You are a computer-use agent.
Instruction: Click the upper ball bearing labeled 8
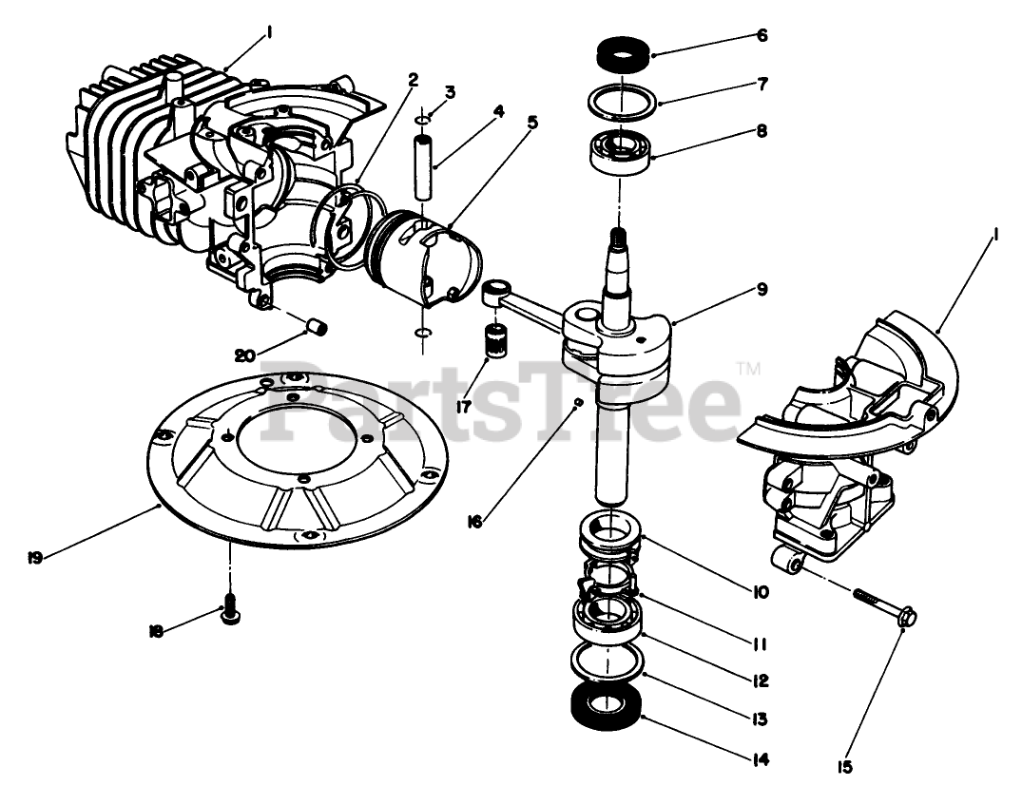[620, 151]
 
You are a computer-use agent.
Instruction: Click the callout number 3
[450, 92]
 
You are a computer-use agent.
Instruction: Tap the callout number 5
[531, 122]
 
